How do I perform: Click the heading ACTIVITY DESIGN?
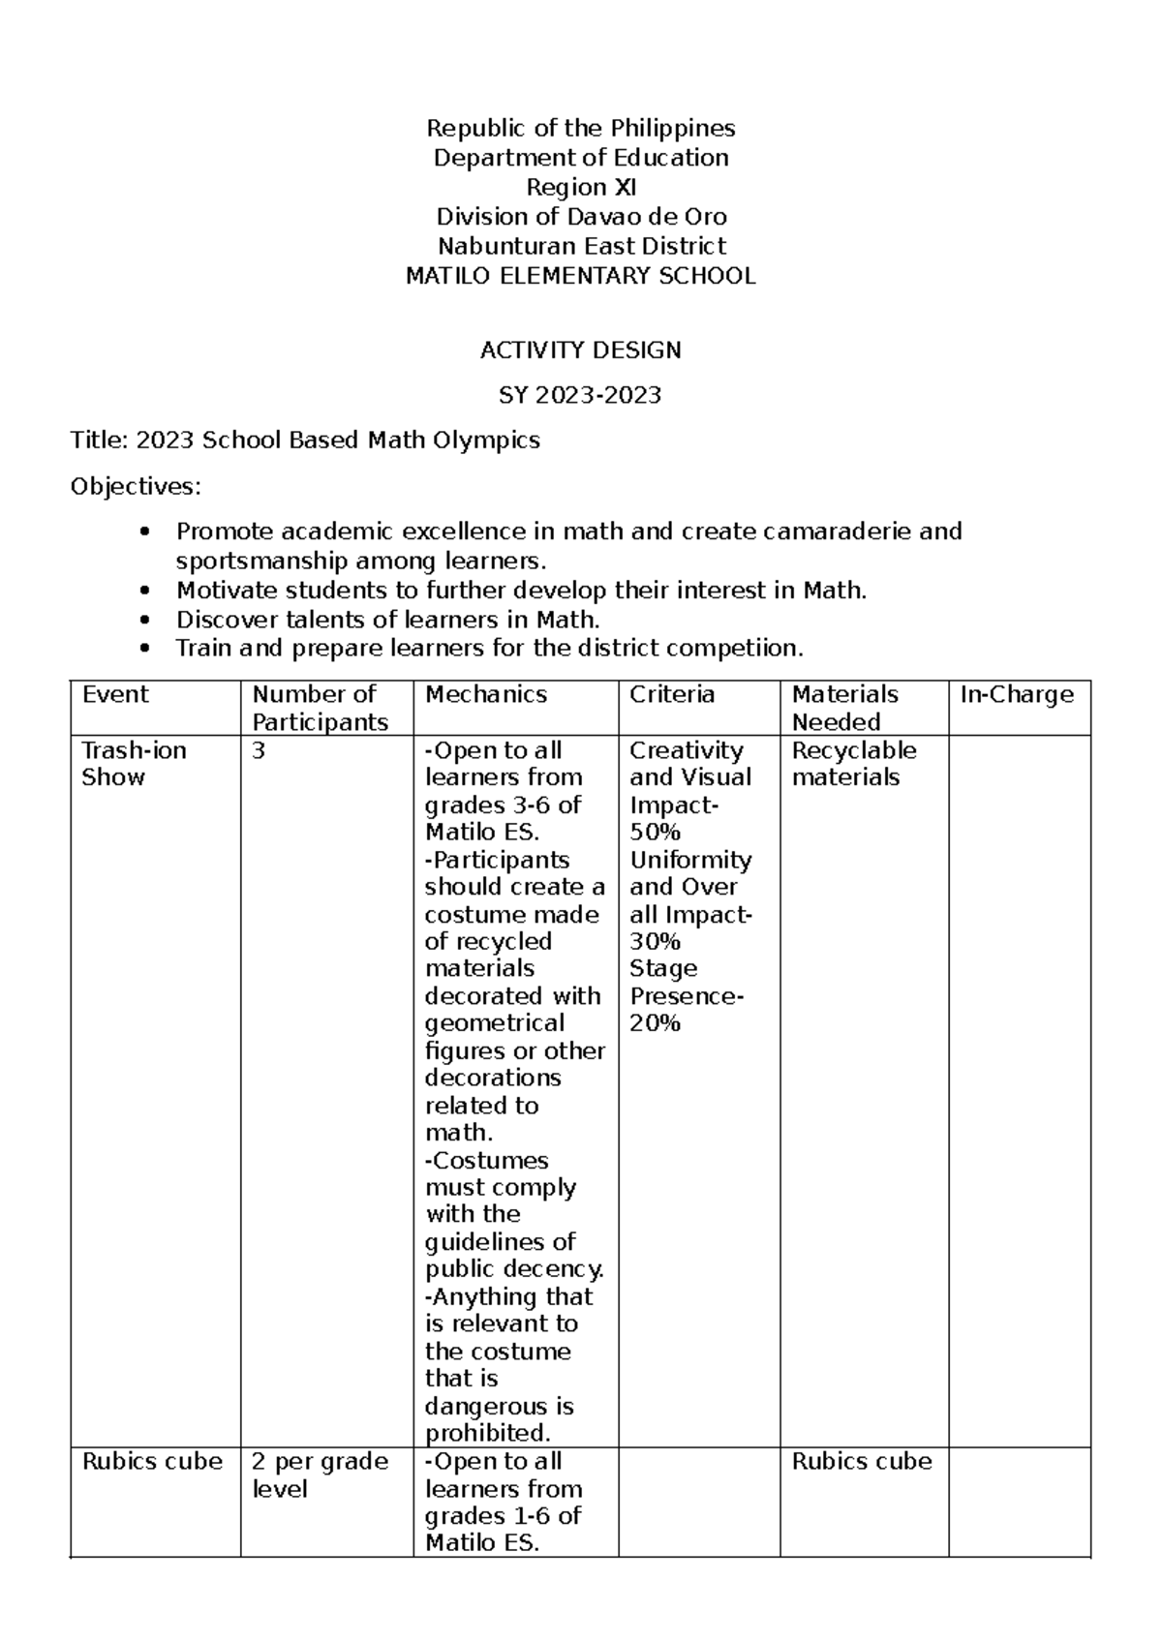point(580,350)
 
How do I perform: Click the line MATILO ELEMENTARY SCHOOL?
point(580,276)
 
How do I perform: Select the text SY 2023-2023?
point(580,395)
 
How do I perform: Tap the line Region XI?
point(580,187)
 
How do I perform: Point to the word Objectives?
point(136,486)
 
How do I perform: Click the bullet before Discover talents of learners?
point(145,620)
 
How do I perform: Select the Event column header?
point(115,694)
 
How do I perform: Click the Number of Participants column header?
point(320,708)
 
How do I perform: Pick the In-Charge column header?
point(1017,694)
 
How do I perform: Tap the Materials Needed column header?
point(845,708)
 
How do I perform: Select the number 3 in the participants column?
point(259,750)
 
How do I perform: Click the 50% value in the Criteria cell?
point(656,832)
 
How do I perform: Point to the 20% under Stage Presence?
point(656,1023)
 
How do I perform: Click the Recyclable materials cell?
point(853,764)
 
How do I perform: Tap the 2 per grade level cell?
point(319,1475)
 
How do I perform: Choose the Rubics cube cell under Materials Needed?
point(862,1461)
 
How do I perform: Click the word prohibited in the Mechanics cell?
point(486,1433)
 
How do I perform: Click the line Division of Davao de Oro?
point(580,217)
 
